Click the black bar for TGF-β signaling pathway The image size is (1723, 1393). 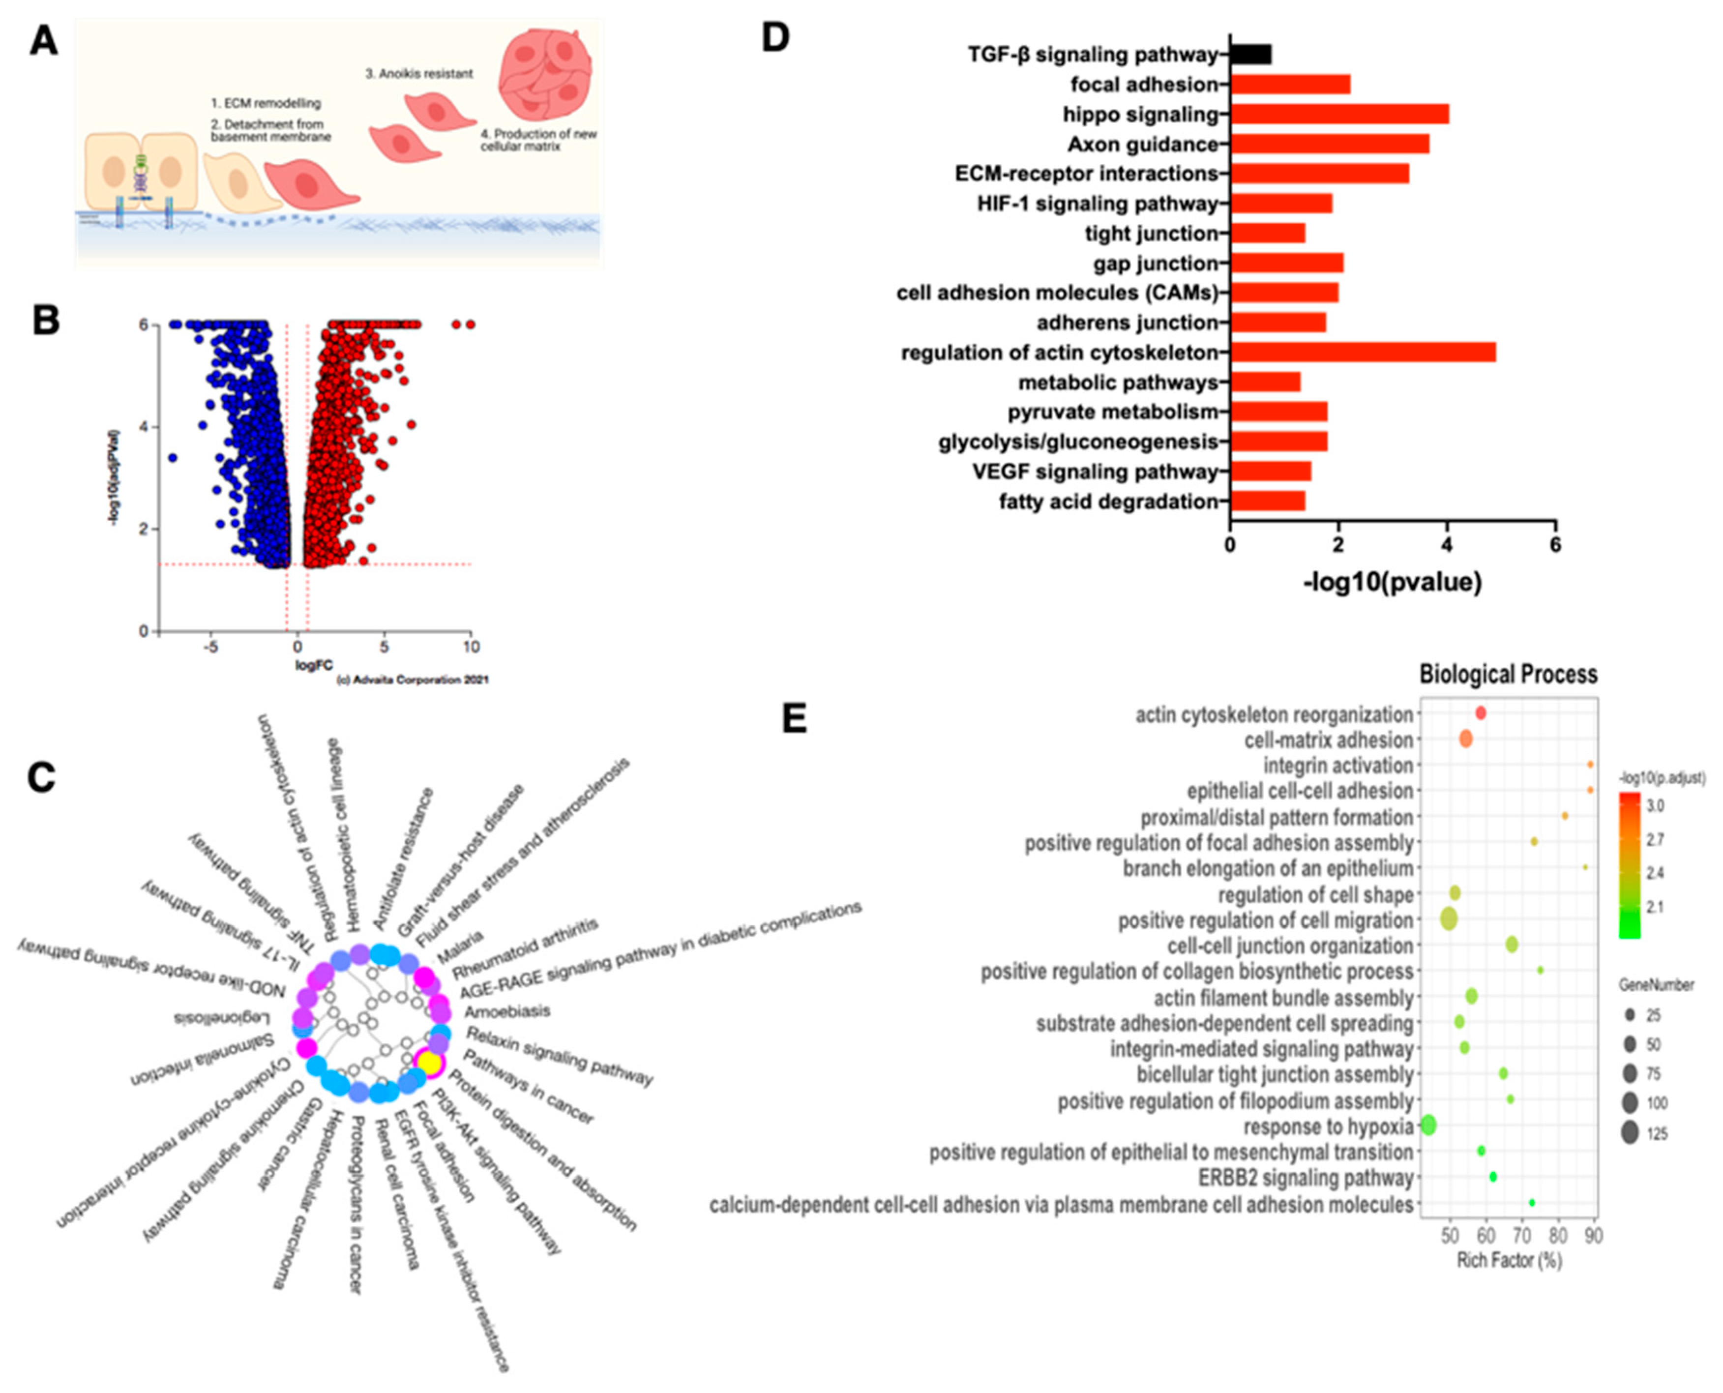coord(1250,55)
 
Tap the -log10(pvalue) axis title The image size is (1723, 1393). coord(1393,582)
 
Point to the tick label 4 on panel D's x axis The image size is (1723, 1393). coord(1447,546)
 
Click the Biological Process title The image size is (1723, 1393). coord(1508,674)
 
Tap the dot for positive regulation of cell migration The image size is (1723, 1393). coord(1449,919)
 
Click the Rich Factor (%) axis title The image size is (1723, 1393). coord(1509,1261)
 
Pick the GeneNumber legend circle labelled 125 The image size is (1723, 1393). coord(1629,1133)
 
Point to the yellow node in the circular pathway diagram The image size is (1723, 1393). coord(429,1063)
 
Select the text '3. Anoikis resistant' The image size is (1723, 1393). coord(419,74)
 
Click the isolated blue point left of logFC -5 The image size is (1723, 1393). coord(172,457)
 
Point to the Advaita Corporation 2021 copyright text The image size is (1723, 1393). coord(412,680)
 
